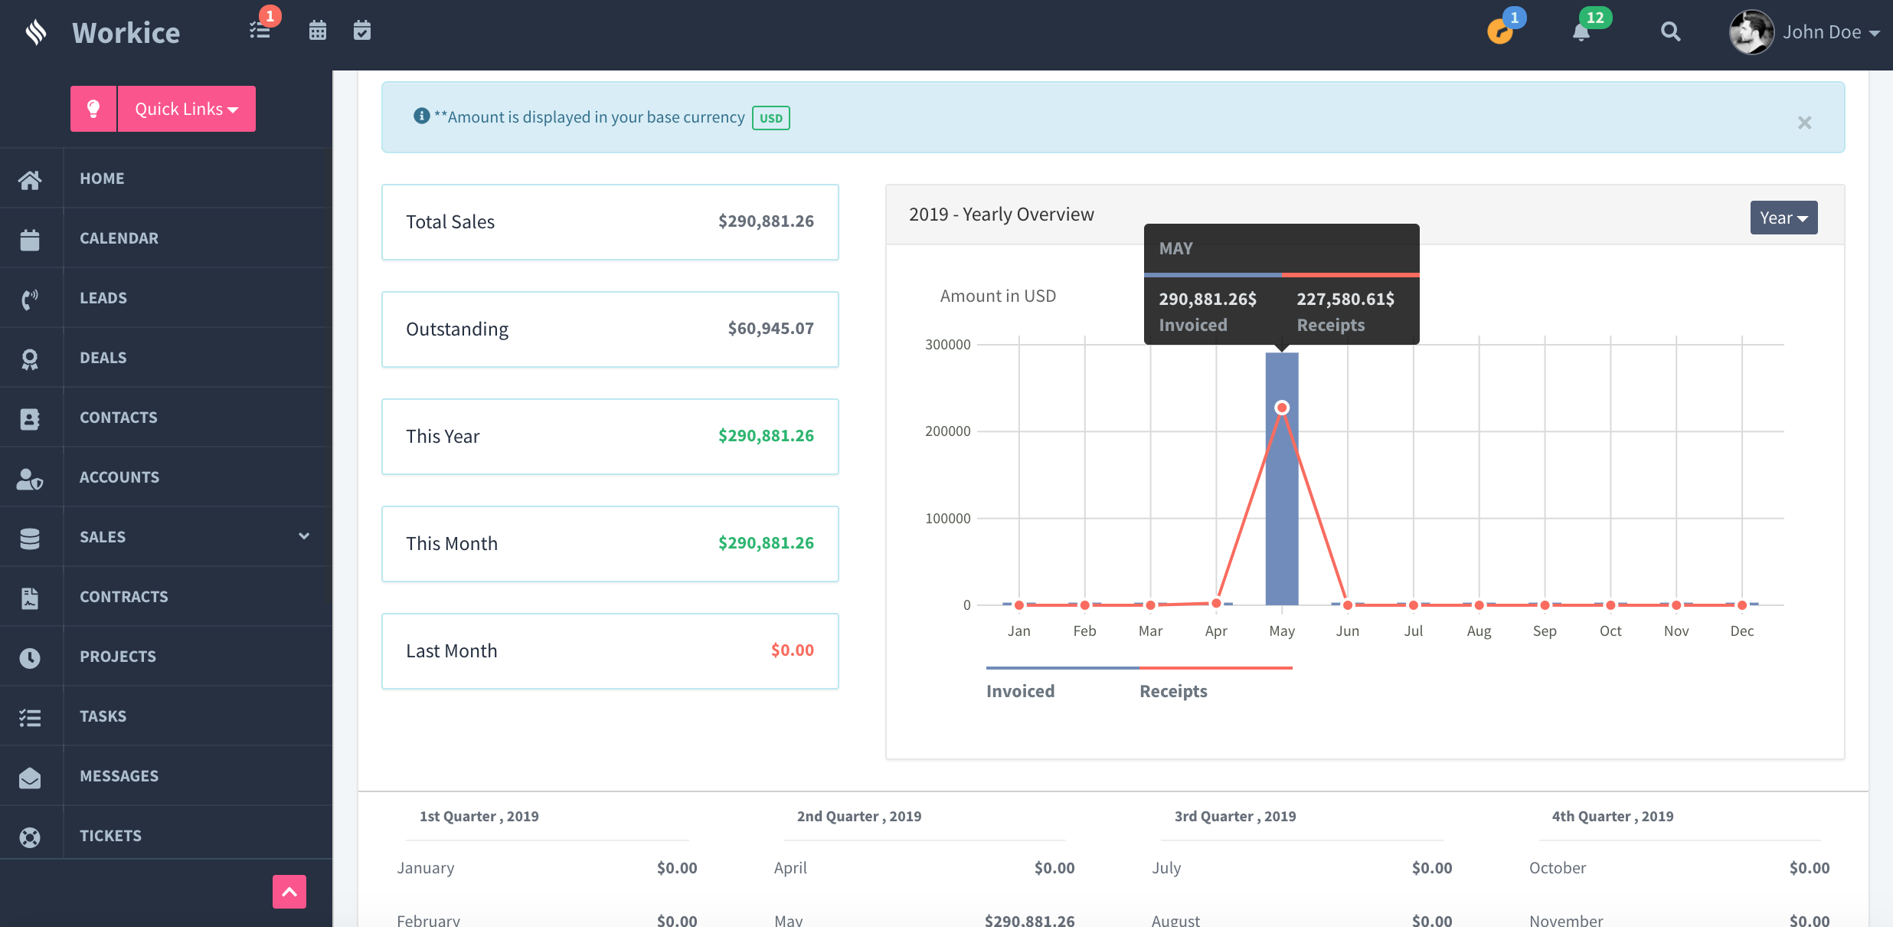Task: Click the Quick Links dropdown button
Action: click(x=186, y=109)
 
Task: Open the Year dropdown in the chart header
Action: click(x=1783, y=218)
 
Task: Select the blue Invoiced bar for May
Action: click(x=1282, y=479)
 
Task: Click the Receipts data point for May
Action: click(x=1282, y=408)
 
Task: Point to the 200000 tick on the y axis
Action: click(x=948, y=431)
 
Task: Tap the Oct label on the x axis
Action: click(x=1610, y=631)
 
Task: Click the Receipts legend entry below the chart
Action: click(x=1173, y=691)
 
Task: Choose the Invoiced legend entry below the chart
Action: click(x=1021, y=691)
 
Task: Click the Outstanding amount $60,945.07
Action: click(x=770, y=329)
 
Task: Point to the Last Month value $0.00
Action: click(x=793, y=650)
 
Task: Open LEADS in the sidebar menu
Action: click(x=103, y=298)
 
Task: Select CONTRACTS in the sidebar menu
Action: click(x=124, y=597)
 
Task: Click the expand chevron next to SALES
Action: click(x=304, y=536)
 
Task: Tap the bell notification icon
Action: click(x=1581, y=32)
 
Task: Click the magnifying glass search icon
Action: click(x=1671, y=31)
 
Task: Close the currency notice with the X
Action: click(x=1805, y=123)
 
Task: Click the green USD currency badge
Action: click(x=771, y=118)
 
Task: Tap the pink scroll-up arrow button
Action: click(x=289, y=892)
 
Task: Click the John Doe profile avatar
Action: click(x=1751, y=32)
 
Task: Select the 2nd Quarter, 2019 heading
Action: click(x=859, y=817)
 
